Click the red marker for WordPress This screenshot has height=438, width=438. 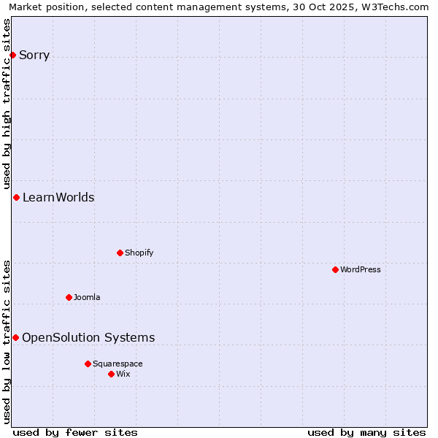point(335,269)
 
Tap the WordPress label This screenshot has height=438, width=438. point(361,269)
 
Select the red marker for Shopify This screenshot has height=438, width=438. point(120,253)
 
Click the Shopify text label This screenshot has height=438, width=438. point(139,253)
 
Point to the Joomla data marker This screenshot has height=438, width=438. point(69,297)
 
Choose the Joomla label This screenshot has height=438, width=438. point(87,297)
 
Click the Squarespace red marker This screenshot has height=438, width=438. point(88,364)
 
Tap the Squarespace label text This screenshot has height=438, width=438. point(118,364)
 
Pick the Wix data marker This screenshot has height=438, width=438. point(111,374)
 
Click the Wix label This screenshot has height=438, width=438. point(123,374)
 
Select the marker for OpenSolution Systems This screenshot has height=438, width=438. point(15,337)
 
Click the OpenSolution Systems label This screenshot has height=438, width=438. point(88,337)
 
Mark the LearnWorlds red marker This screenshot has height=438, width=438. point(16,197)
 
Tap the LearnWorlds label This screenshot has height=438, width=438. point(58,197)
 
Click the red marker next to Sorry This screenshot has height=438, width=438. point(12,55)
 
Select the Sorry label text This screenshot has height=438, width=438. point(34,55)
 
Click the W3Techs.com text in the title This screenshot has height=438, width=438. point(398,7)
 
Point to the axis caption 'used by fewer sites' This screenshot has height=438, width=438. point(75,432)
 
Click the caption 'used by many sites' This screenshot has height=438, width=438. point(366,432)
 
